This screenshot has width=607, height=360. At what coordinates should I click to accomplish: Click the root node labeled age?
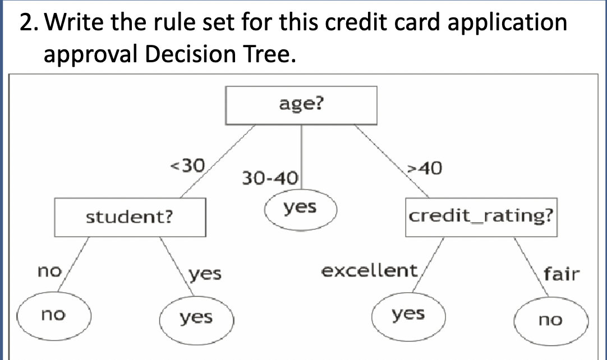pos(301,105)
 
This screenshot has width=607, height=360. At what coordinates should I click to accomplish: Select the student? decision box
pos(129,217)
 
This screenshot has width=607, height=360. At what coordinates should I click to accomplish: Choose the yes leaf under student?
pos(196,318)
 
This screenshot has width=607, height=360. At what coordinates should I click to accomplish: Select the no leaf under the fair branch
pos(550,320)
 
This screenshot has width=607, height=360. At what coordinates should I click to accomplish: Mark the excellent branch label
pos(369,271)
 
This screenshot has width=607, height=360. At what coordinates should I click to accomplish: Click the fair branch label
pos(561,274)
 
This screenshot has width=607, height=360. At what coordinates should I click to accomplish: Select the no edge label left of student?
pos(49,271)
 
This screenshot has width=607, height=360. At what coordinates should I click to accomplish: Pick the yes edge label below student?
pos(205,274)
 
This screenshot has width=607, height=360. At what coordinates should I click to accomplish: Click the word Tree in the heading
pos(260,54)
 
